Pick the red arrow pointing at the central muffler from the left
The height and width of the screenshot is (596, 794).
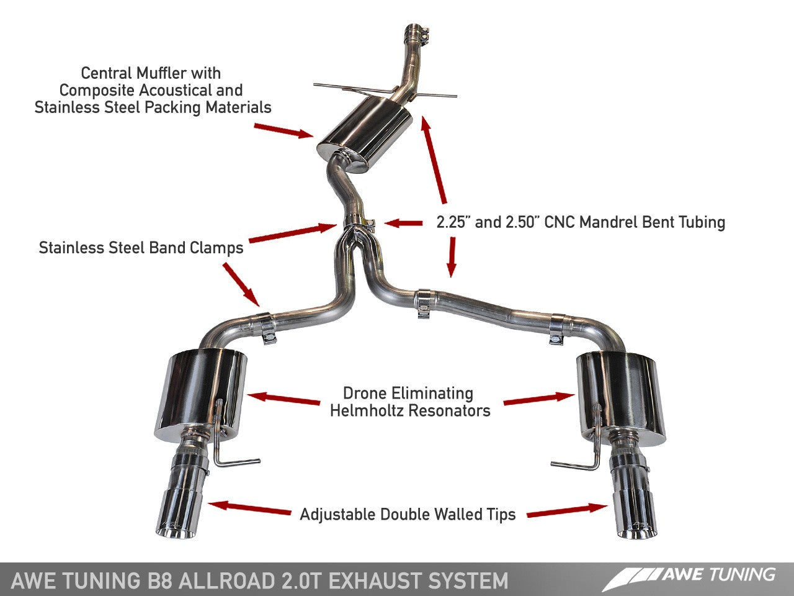(x=283, y=129)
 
